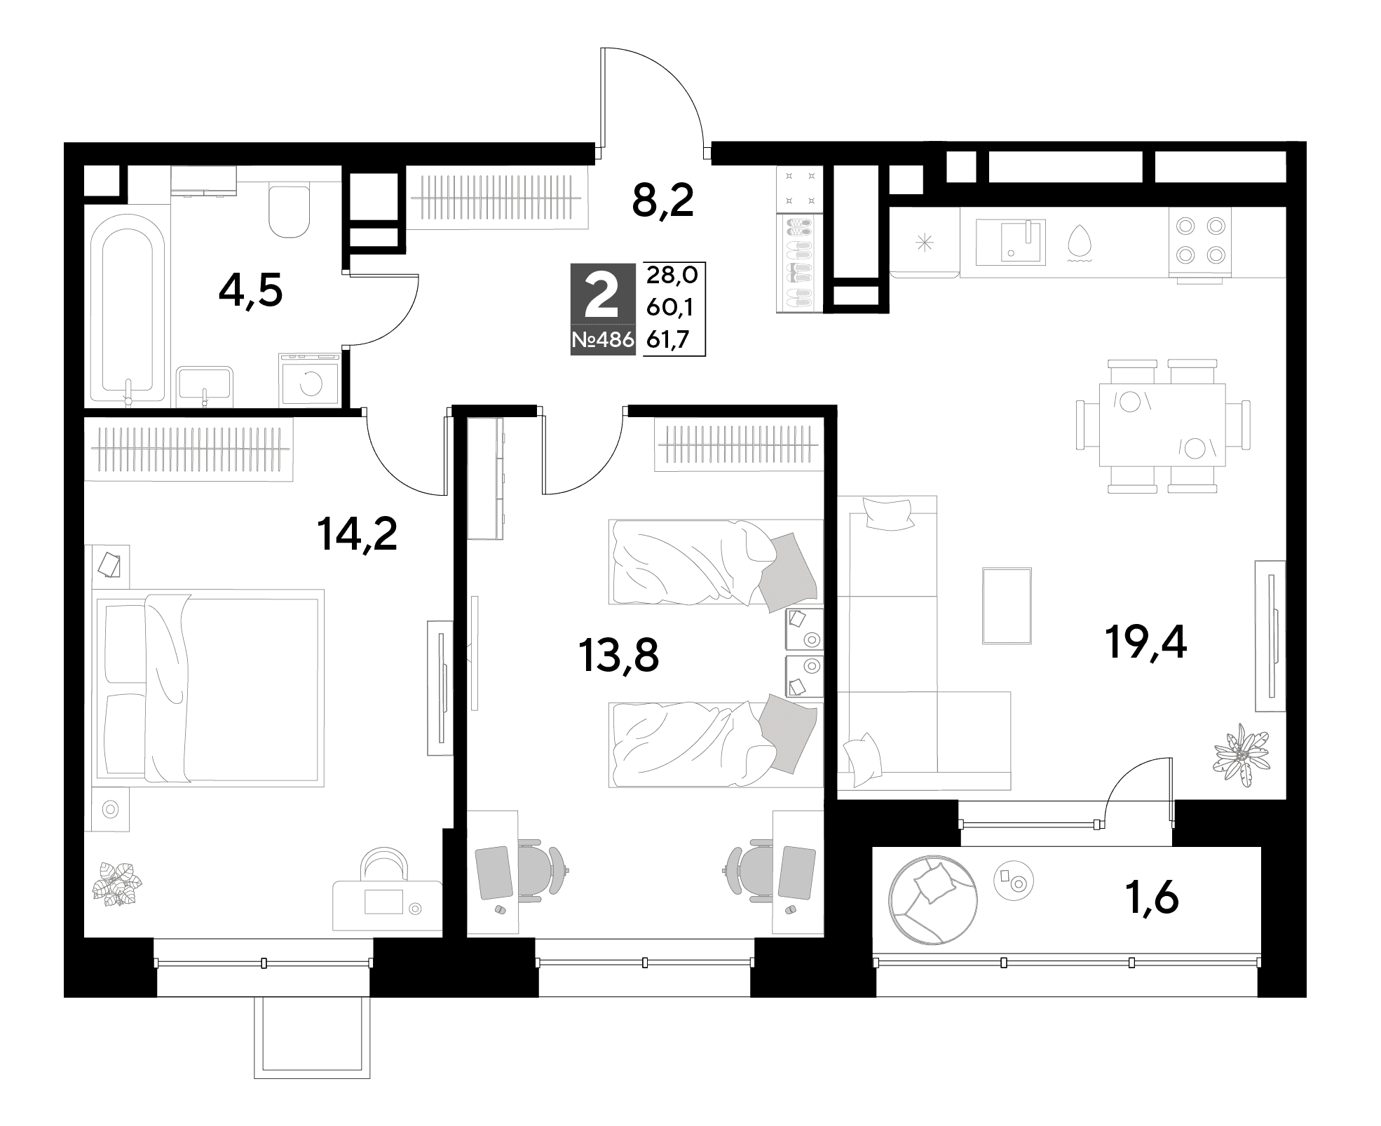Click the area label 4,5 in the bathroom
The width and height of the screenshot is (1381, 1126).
point(250,290)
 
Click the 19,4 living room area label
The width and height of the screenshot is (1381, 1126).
point(1145,641)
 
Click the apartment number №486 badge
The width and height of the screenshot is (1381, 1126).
point(603,341)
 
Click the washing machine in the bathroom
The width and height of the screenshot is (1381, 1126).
point(309,380)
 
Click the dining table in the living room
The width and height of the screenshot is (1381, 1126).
point(1162,425)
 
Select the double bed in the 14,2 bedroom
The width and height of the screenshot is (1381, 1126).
point(208,688)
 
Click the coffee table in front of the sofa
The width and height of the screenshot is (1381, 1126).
point(1007,606)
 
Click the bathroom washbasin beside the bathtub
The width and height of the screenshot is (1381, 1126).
point(205,386)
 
